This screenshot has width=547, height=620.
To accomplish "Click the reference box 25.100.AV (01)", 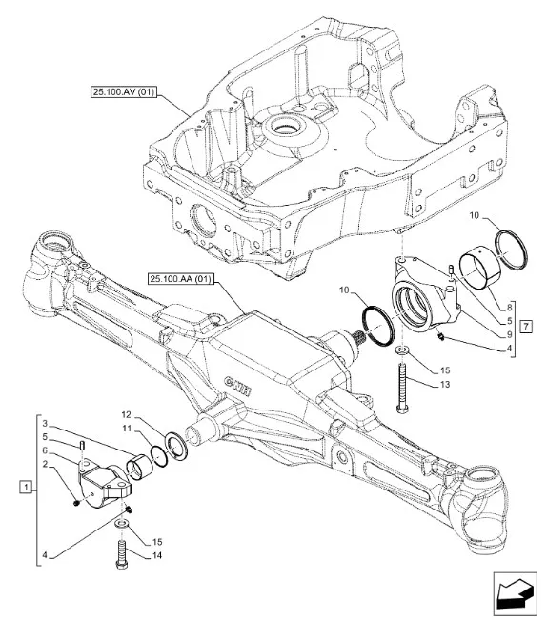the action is click(123, 92).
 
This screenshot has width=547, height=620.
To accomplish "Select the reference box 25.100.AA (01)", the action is click(180, 279).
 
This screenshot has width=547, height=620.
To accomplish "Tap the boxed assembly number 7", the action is click(526, 327).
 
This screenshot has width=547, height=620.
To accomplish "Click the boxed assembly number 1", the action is click(26, 487).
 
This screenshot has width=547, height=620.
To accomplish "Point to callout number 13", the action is click(445, 385).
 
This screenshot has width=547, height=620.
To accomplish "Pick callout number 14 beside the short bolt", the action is click(157, 555).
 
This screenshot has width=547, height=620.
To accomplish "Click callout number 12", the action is click(126, 415).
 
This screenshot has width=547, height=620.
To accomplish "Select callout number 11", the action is click(127, 429).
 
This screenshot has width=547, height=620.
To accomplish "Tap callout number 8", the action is click(510, 307).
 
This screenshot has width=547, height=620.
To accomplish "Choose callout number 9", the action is click(510, 334).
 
